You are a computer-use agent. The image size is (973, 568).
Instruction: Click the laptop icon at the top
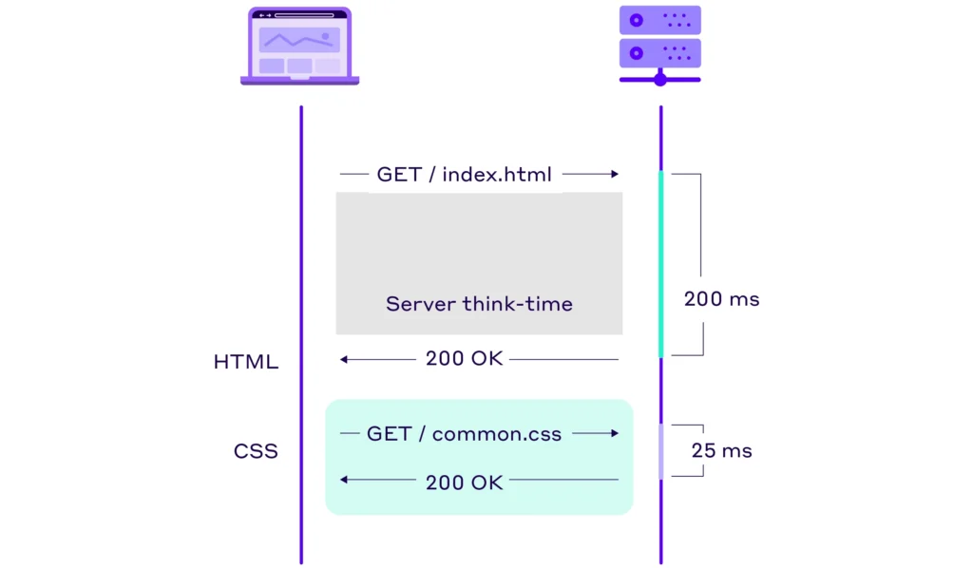[x=299, y=46]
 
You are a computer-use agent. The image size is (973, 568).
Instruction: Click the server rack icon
[x=659, y=44]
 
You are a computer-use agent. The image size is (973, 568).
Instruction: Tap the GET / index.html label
[x=464, y=175]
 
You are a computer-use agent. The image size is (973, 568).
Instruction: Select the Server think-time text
[x=479, y=304]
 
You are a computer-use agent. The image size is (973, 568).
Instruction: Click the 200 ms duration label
[x=721, y=299]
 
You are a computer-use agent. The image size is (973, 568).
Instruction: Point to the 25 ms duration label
[x=721, y=450]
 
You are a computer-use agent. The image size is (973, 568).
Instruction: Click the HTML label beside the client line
[x=246, y=362]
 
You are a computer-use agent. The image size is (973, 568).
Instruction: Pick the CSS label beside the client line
[x=256, y=450]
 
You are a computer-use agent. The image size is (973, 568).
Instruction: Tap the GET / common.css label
[x=464, y=434]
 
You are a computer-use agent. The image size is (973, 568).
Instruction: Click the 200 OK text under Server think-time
[x=464, y=359]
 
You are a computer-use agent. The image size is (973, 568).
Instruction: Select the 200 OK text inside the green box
[x=464, y=482]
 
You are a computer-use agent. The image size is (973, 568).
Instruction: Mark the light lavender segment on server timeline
[x=660, y=450]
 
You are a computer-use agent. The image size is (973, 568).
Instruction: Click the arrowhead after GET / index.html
[x=614, y=175]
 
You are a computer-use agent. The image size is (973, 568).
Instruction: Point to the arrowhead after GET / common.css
[x=614, y=433]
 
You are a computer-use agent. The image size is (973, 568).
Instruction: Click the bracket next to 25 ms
[x=701, y=450]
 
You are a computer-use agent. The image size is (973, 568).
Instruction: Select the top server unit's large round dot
[x=637, y=20]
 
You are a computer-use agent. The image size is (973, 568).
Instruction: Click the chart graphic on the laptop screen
[x=299, y=40]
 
